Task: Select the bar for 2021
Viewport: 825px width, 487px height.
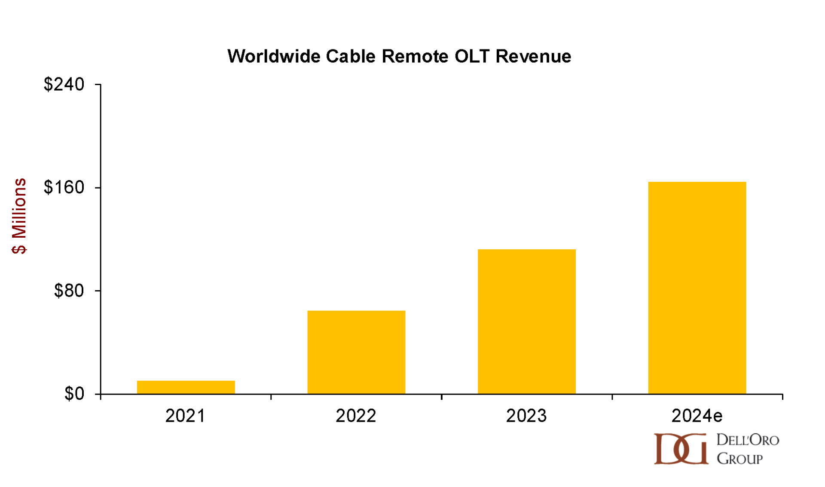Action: pyautogui.click(x=186, y=387)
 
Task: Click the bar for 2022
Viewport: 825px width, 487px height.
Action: pyautogui.click(x=356, y=352)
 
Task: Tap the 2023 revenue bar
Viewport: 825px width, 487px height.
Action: pyautogui.click(x=526, y=322)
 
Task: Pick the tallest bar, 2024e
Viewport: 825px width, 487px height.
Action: pyautogui.click(x=697, y=288)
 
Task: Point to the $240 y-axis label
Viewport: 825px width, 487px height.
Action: pyautogui.click(x=64, y=84)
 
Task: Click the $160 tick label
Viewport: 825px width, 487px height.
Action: pyautogui.click(x=64, y=187)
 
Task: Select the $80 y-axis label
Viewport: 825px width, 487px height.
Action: pyautogui.click(x=69, y=291)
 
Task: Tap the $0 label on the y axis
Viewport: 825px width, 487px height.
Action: pyautogui.click(x=74, y=394)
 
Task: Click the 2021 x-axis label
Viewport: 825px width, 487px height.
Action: pyautogui.click(x=185, y=416)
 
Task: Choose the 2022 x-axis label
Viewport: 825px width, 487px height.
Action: pyautogui.click(x=356, y=416)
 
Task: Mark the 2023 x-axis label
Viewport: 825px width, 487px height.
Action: pyautogui.click(x=526, y=416)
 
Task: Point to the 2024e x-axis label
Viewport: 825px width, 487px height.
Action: pyautogui.click(x=697, y=416)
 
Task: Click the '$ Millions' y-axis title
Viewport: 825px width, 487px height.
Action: pyautogui.click(x=19, y=216)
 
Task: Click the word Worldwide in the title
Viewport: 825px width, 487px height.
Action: pyautogui.click(x=273, y=56)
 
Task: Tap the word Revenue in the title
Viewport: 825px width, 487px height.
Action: pyautogui.click(x=533, y=56)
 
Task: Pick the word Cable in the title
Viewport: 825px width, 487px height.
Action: pyautogui.click(x=350, y=56)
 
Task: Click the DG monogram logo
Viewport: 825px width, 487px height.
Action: pyautogui.click(x=681, y=449)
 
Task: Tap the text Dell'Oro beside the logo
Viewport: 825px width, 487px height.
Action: pyautogui.click(x=748, y=440)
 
